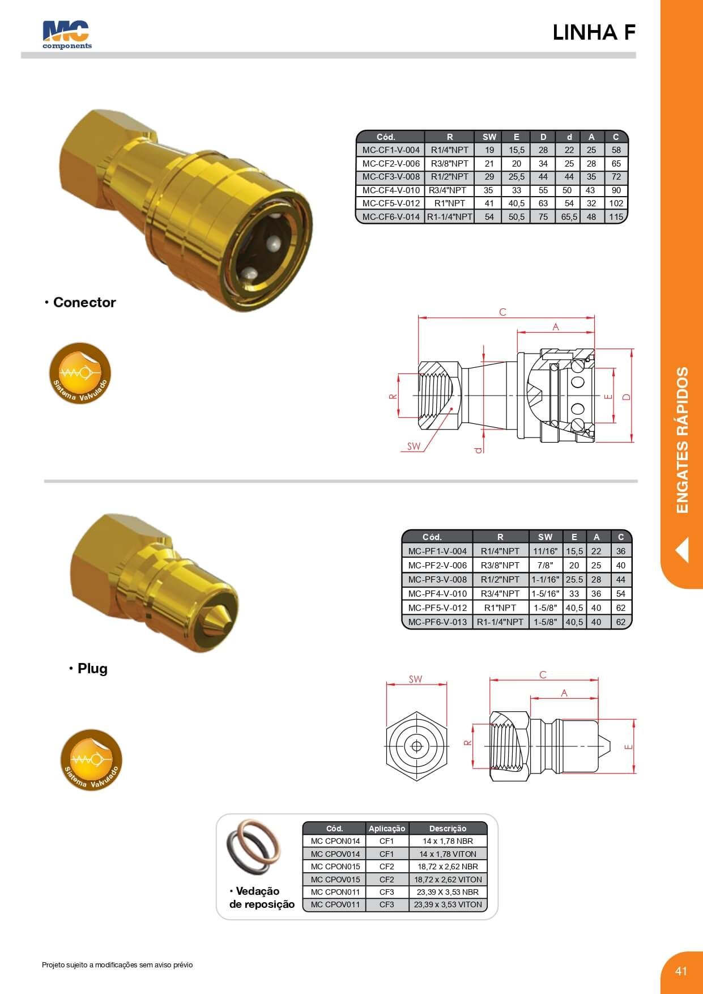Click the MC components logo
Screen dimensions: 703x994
[67, 35]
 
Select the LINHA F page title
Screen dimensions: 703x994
[594, 33]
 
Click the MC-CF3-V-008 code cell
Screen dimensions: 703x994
[391, 177]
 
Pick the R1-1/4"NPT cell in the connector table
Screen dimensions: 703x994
[450, 216]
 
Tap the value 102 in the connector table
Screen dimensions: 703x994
[616, 203]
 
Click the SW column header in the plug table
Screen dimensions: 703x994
[545, 537]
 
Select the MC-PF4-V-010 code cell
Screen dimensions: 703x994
[437, 593]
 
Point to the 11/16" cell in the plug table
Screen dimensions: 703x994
[545, 551]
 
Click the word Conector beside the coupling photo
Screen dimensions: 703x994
[84, 303]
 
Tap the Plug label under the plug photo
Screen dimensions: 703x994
[92, 669]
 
